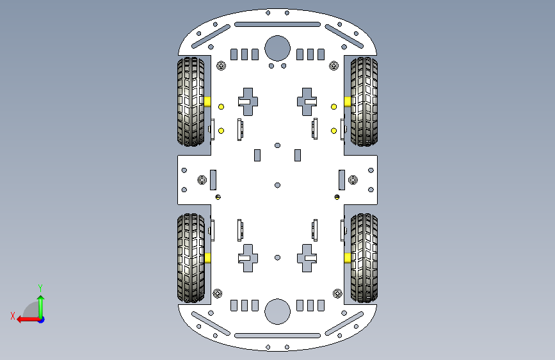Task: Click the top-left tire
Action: coord(190,101)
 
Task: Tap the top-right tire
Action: coord(364,101)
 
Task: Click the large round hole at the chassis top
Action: coord(277,47)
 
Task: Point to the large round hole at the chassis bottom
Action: coord(277,311)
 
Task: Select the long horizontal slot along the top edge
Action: coord(277,24)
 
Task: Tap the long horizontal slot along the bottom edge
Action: coord(277,335)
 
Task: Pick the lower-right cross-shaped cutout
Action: coord(307,258)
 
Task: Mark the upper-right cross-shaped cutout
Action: coord(307,101)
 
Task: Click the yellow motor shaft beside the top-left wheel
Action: coord(209,101)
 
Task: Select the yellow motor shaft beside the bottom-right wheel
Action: coord(347,258)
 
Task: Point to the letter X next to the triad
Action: coord(13,316)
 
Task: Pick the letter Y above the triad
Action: coord(40,288)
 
